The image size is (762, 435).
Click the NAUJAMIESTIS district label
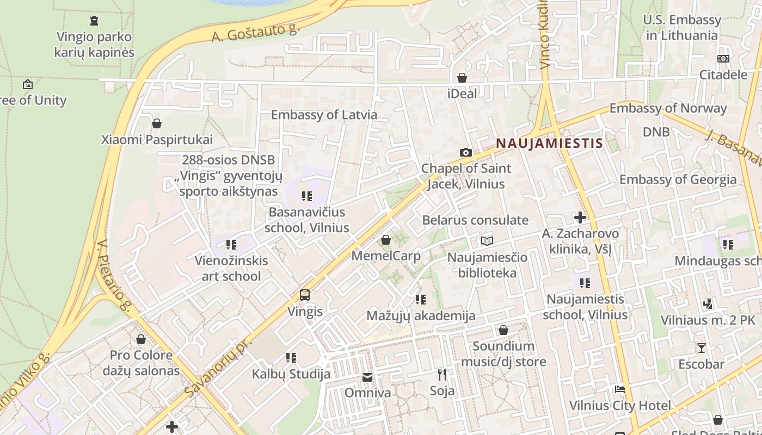(549, 144)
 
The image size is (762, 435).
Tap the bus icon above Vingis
(305, 295)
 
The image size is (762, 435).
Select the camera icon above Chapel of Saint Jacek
(465, 152)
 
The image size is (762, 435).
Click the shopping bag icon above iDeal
(462, 78)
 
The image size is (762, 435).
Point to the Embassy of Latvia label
(324, 115)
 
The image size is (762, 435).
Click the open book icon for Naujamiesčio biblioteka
(487, 241)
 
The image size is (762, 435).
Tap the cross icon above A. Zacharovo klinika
(580, 217)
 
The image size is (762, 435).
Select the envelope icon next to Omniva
(367, 377)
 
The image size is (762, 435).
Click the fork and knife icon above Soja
(442, 374)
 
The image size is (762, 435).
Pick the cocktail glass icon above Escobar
(701, 347)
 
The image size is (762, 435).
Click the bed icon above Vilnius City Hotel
(620, 389)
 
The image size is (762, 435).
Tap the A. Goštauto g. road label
(256, 33)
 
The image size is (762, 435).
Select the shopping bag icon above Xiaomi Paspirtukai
(157, 123)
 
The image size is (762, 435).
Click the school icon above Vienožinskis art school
(231, 245)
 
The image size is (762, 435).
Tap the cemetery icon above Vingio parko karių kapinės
(94, 21)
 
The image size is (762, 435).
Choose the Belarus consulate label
(475, 220)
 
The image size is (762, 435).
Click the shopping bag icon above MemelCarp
(386, 240)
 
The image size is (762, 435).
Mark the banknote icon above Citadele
(723, 59)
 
